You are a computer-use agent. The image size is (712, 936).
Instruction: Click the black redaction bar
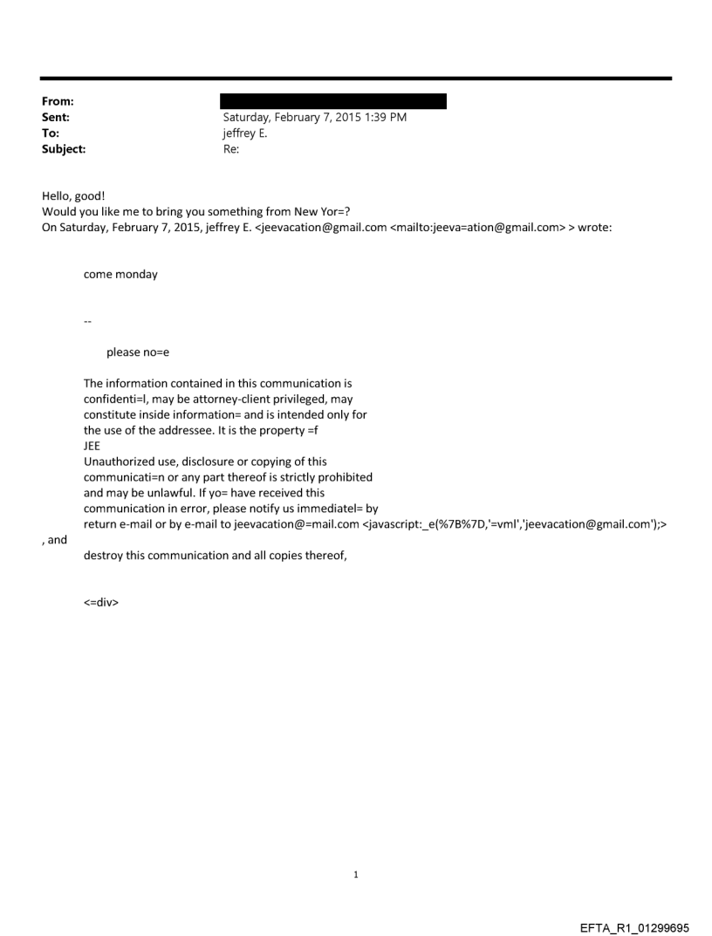click(332, 101)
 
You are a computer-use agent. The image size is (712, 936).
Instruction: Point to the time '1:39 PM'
click(383, 117)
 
